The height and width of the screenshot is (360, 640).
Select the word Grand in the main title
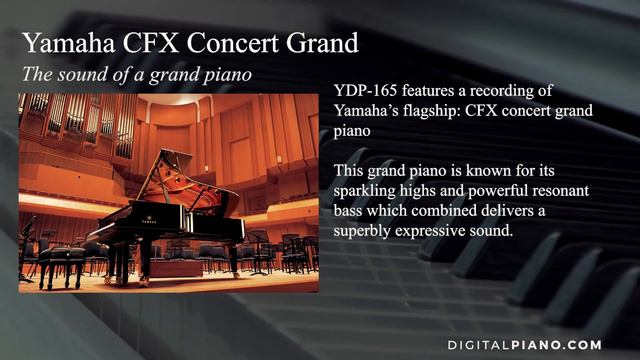pos(322,44)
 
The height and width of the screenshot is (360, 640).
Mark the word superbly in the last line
pos(365,232)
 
